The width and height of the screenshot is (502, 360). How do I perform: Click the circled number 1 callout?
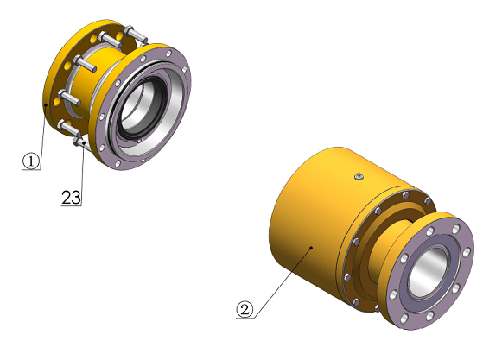click(x=31, y=161)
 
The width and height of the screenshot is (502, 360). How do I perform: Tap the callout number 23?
click(x=71, y=198)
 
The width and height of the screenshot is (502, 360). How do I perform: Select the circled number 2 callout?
click(x=245, y=309)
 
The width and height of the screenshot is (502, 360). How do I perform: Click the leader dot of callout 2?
click(x=311, y=248)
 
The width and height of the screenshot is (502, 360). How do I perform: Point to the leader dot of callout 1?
click(x=46, y=104)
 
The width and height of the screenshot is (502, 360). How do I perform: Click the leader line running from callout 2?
click(x=283, y=282)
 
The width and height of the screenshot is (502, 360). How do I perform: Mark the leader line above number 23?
click(x=83, y=174)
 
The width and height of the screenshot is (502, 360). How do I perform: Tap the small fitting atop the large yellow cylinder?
click(x=359, y=176)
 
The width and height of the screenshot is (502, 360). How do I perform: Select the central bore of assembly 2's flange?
click(x=429, y=271)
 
